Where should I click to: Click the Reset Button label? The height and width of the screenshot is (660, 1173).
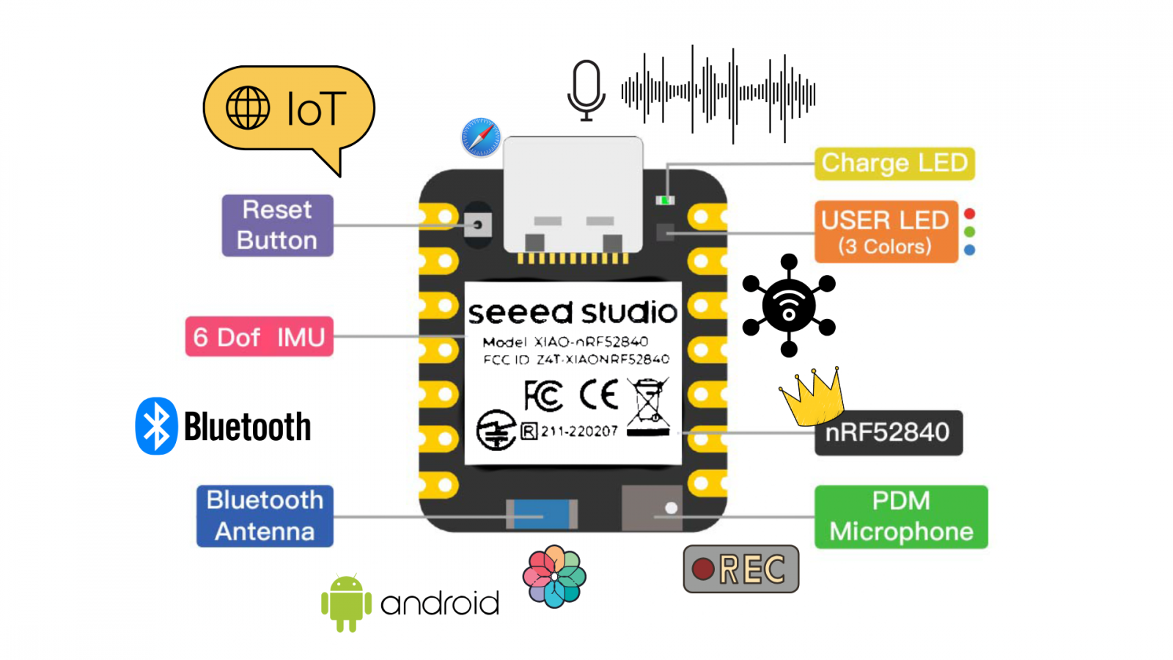tap(277, 225)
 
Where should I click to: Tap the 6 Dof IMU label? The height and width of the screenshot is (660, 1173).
tap(259, 337)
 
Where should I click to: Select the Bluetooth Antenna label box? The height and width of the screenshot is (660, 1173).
tap(265, 516)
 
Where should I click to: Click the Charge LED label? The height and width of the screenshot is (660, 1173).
tap(894, 163)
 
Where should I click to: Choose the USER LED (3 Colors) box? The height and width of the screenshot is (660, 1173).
tap(886, 232)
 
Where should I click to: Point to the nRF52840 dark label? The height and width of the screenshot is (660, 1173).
tap(888, 433)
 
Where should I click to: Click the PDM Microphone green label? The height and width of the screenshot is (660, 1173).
tap(901, 516)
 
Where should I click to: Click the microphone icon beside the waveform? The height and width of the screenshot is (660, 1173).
tap(586, 90)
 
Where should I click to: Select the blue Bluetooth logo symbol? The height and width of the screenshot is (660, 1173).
tap(156, 426)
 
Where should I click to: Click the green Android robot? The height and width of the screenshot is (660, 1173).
tap(346, 603)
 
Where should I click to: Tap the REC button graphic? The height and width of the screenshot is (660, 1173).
tap(740, 568)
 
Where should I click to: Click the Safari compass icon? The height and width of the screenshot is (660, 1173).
tap(481, 137)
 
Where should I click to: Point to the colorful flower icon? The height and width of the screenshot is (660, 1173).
tap(554, 576)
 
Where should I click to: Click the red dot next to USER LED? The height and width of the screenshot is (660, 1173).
tap(969, 214)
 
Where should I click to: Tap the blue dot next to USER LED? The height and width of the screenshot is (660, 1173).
tap(969, 250)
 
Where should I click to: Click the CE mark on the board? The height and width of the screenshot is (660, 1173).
tap(599, 395)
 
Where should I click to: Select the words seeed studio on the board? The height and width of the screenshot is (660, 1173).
tap(573, 312)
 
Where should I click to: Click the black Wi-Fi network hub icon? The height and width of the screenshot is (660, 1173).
tap(789, 305)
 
